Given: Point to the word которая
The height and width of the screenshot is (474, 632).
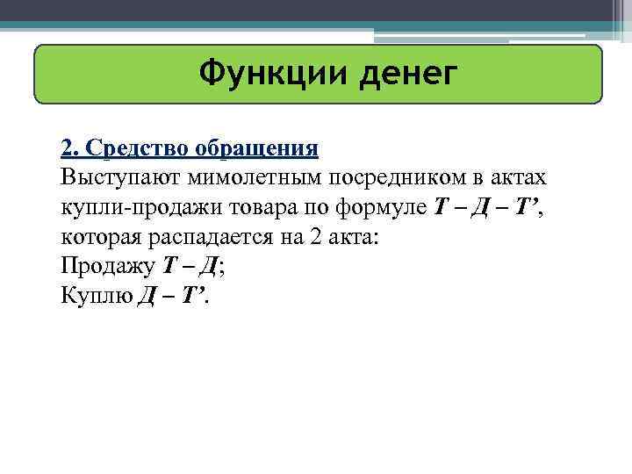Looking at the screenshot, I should tap(97, 236).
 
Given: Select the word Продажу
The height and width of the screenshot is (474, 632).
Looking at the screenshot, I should tap(105, 266).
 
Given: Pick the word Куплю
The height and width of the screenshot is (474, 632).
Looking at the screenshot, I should tap(95, 296).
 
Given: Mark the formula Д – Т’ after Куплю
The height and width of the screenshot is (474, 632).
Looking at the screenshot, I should tap(172, 296).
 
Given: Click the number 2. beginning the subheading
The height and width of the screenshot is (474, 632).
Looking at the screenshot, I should tap(69, 147).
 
